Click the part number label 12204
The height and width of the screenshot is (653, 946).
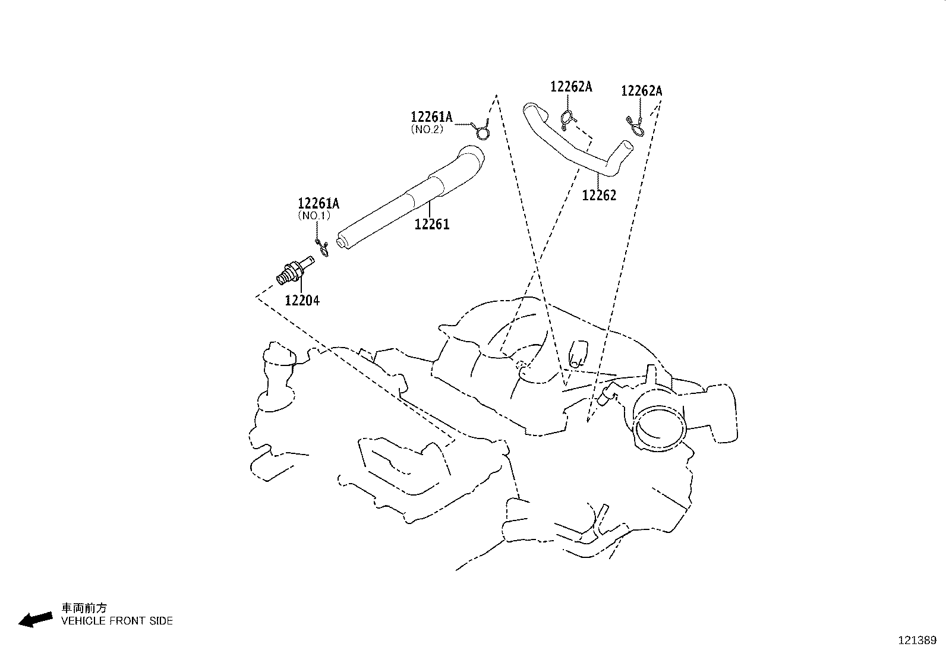tap(302, 301)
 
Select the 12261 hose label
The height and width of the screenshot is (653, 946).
tap(432, 225)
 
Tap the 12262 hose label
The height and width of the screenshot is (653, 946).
tap(599, 195)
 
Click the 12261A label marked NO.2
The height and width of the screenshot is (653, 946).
tap(431, 117)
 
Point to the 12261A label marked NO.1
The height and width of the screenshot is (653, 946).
tap(319, 204)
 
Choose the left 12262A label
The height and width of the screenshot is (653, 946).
tap(571, 87)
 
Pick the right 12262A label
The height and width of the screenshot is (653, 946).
tap(641, 91)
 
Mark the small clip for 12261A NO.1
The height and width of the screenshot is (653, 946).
tap(322, 248)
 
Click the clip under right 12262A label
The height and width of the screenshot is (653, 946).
tap(635, 126)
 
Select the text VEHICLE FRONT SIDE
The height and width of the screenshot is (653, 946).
tap(117, 621)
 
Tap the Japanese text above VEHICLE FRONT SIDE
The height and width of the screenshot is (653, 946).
tap(84, 608)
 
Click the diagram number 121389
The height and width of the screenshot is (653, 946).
tap(916, 641)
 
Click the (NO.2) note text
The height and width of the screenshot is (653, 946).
tap(427, 129)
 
